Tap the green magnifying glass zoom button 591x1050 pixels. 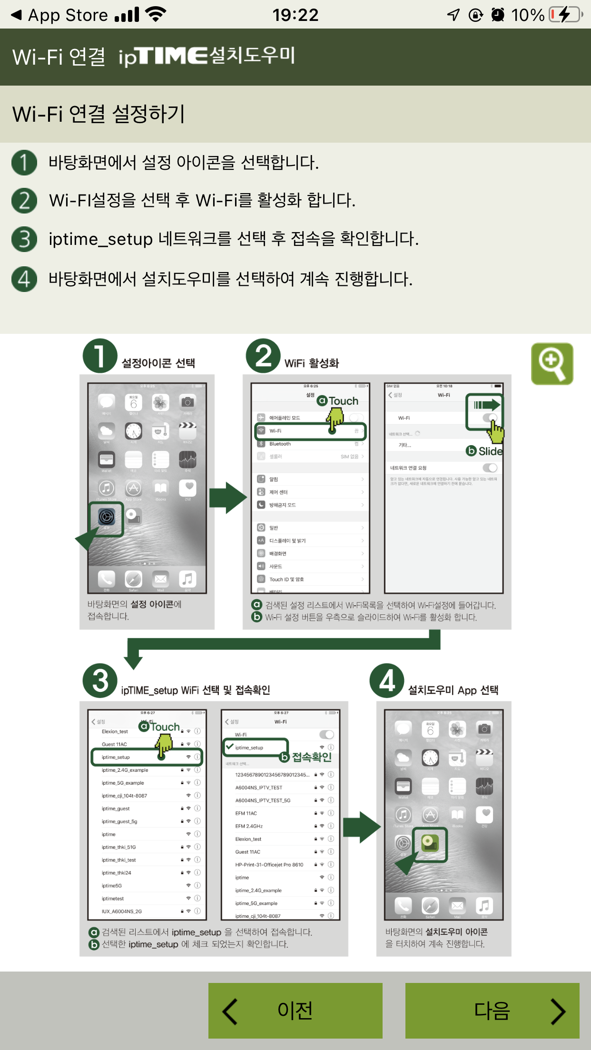pos(552,364)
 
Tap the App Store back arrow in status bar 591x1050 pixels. pos(17,15)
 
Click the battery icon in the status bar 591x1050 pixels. pos(565,15)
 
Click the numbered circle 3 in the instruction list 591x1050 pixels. pos(24,239)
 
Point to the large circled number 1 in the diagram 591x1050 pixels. pos(100,356)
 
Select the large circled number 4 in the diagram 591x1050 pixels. pos(387,681)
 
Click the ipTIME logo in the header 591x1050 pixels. pos(163,56)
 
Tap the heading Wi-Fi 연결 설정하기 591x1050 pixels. pos(98,114)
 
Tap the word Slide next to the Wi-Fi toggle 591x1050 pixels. pos(490,451)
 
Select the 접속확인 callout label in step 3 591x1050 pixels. pos(311,757)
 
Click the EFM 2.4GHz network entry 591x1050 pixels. pos(249,826)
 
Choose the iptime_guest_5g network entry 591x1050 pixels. pos(119,821)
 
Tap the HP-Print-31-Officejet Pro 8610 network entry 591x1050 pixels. pos(269,865)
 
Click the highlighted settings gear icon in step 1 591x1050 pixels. pos(107,516)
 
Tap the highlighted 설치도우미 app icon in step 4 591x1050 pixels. pos(430,844)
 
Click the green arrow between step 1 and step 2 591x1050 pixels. pos(227,497)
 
